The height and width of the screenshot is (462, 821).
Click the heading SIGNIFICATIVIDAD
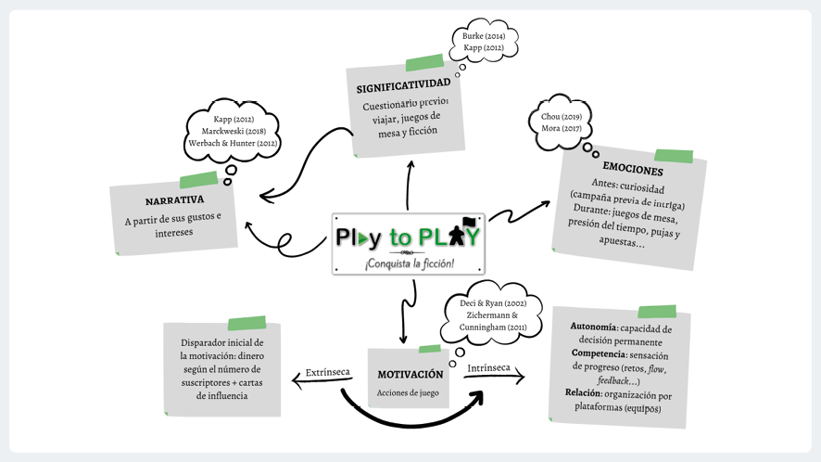(x=403, y=87)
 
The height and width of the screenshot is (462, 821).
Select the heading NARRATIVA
(x=174, y=200)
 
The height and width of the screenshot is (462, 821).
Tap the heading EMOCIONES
(x=632, y=171)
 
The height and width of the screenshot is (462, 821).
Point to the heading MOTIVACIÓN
(x=410, y=374)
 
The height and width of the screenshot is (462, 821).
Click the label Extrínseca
(x=327, y=373)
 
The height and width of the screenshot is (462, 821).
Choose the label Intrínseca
(x=488, y=368)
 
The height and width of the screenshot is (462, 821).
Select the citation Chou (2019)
(x=562, y=117)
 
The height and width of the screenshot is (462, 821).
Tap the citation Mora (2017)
(x=562, y=129)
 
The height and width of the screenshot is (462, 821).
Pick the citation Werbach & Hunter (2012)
(x=234, y=143)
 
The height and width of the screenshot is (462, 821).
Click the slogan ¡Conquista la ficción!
(x=409, y=263)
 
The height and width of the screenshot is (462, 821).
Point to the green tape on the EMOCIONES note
(x=674, y=156)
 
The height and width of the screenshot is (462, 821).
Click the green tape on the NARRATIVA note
(x=198, y=180)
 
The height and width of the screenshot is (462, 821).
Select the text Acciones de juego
(x=409, y=392)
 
